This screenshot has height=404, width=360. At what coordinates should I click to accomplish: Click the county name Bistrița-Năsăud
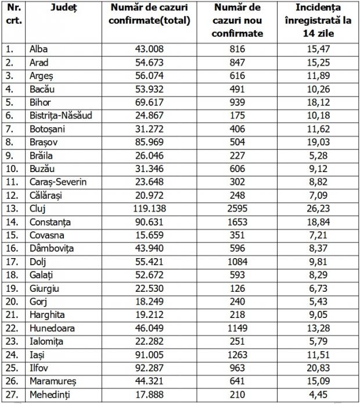click(61, 115)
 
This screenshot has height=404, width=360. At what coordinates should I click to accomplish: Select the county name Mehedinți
click(49, 395)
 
